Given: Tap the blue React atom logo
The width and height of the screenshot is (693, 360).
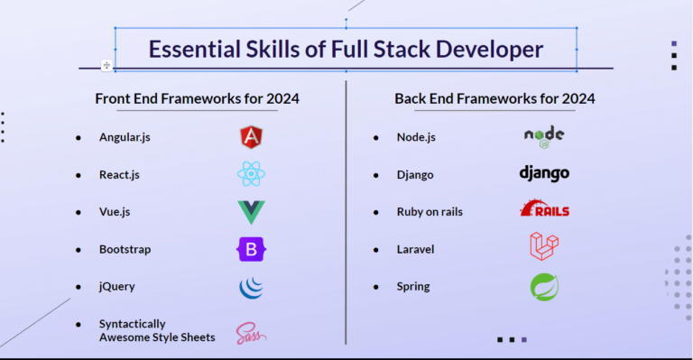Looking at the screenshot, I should pyautogui.click(x=251, y=174).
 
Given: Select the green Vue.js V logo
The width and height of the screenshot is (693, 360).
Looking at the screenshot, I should pyautogui.click(x=251, y=212).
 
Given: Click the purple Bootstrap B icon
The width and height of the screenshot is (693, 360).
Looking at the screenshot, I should pyautogui.click(x=252, y=249).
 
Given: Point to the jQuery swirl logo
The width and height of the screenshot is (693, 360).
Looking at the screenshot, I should pyautogui.click(x=251, y=287).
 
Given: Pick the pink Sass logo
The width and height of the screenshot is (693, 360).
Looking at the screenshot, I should pyautogui.click(x=251, y=333).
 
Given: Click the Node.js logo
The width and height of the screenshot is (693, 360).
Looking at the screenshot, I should pyautogui.click(x=544, y=137).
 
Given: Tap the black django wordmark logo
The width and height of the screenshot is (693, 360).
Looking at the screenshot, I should pyautogui.click(x=544, y=173).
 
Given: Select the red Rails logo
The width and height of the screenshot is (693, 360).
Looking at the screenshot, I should pyautogui.click(x=544, y=209).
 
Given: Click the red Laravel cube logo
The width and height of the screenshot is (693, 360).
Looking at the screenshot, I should pyautogui.click(x=544, y=246).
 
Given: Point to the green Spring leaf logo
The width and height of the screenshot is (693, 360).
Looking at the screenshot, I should pyautogui.click(x=544, y=287).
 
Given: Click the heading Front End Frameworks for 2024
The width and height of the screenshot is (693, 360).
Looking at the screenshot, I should pyautogui.click(x=197, y=98).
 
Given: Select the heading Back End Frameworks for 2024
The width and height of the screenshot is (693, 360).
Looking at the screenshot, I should pyautogui.click(x=494, y=98).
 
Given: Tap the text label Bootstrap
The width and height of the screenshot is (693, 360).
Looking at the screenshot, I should pyautogui.click(x=125, y=249).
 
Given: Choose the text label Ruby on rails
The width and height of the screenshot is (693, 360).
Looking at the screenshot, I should pyautogui.click(x=430, y=212).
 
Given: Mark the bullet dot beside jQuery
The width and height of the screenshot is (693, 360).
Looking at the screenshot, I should pyautogui.click(x=79, y=287).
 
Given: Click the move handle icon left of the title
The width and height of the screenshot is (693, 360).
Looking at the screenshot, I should pyautogui.click(x=106, y=65).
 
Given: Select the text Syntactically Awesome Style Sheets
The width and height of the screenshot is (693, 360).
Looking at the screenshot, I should pyautogui.click(x=157, y=330).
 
